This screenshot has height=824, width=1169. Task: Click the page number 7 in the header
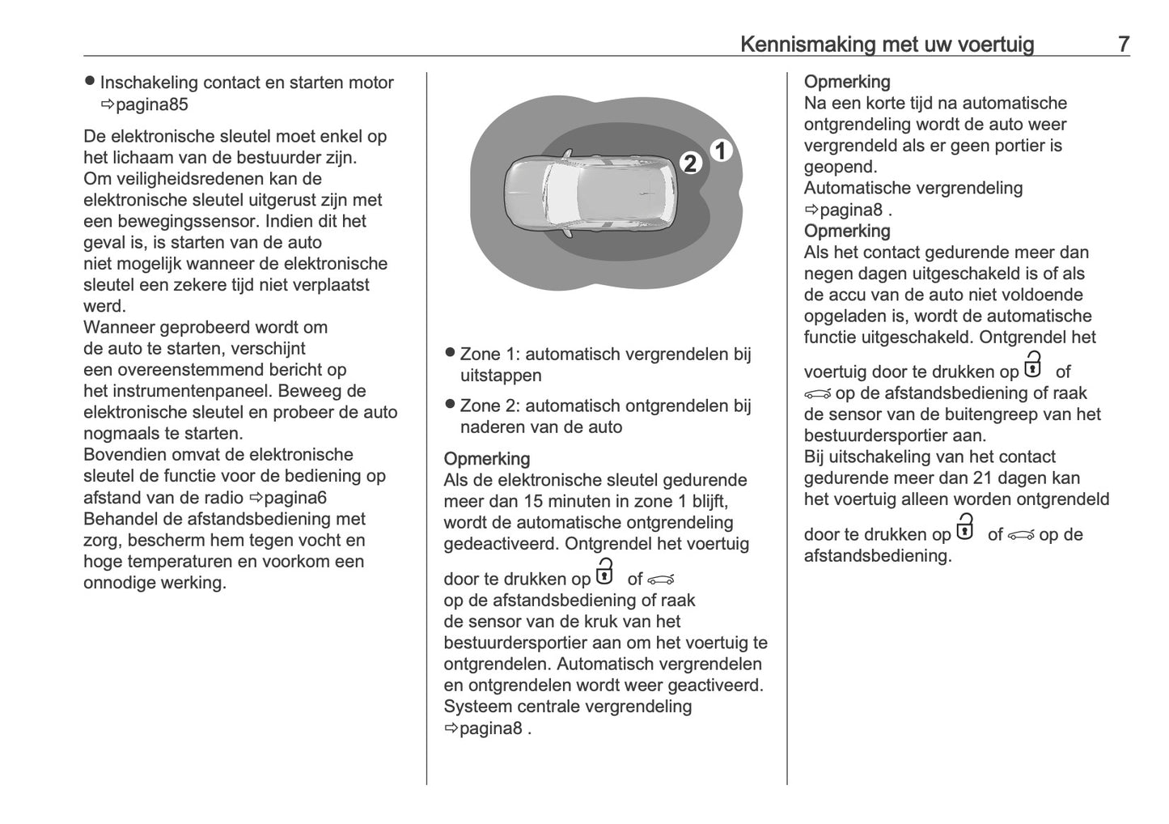pos(1124,45)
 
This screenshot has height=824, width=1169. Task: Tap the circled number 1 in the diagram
pos(721,151)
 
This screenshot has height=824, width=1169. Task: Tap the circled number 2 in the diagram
pos(690,164)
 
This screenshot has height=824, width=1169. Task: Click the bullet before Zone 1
pos(450,353)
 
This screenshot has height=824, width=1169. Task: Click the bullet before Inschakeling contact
pos(90,82)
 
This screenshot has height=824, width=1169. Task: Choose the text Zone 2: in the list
pos(489,406)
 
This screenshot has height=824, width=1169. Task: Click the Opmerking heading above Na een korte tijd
pos(847,82)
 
